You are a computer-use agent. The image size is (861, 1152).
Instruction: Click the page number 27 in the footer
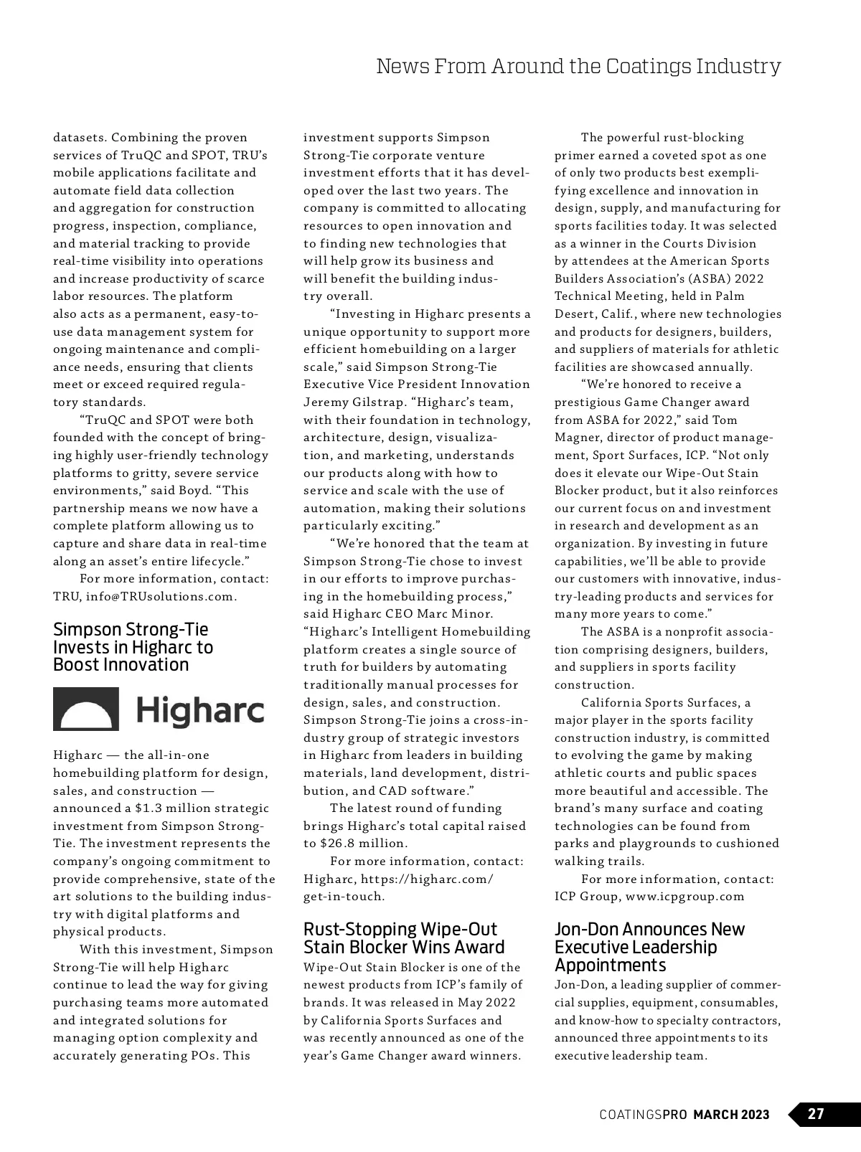tap(816, 1114)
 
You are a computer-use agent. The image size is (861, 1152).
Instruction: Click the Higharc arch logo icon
tap(86, 709)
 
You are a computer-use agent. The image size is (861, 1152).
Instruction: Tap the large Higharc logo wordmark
tap(200, 710)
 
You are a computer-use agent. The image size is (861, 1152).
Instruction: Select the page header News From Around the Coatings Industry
tap(578, 67)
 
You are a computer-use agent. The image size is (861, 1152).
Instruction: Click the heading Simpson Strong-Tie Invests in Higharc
tap(133, 647)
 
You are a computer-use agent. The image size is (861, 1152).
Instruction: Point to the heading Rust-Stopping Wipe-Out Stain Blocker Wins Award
tap(404, 938)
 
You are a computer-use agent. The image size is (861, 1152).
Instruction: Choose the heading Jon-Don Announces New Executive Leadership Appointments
tap(649, 947)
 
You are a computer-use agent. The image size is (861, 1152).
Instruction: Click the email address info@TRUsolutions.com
tap(161, 597)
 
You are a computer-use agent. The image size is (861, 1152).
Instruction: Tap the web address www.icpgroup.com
tap(684, 897)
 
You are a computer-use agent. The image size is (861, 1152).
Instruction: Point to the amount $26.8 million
tap(363, 844)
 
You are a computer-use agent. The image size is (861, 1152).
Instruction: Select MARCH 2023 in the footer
tap(731, 1115)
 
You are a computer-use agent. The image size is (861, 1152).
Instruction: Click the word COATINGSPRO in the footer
tap(644, 1115)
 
